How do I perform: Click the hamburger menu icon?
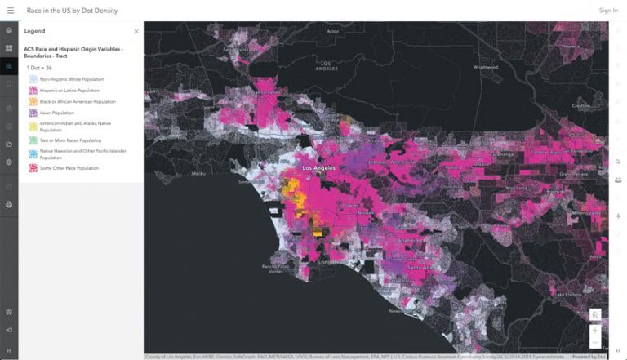point(10,10)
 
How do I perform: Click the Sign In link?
point(608,11)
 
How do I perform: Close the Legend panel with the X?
point(136,32)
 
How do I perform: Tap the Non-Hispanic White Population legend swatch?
point(33,79)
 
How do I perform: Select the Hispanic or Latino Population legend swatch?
point(33,91)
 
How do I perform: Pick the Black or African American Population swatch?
point(33,102)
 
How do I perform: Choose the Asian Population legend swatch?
point(33,113)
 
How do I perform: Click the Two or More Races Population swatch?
point(33,140)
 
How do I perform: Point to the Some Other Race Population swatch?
point(33,168)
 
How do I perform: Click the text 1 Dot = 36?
point(40,68)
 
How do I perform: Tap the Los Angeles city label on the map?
point(319,168)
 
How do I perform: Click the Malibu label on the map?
point(198,173)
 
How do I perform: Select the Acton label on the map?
point(332,32)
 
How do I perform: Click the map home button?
point(596,315)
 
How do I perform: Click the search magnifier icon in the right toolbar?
point(618,162)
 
